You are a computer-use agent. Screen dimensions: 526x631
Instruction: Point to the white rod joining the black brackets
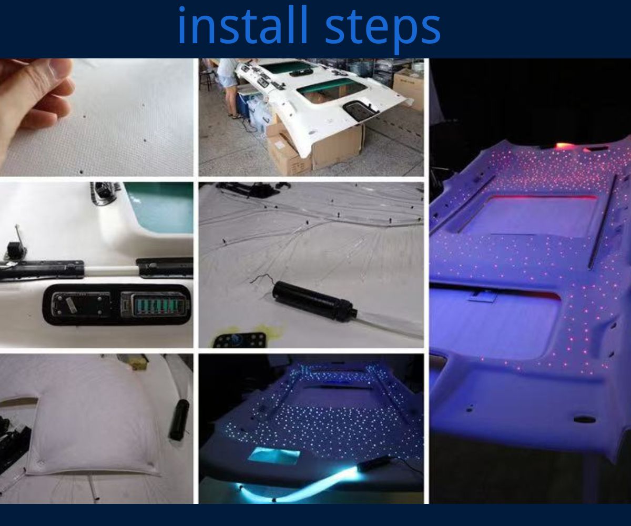pos(110,270)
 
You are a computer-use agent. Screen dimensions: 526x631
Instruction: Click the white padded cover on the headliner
pos(92,416)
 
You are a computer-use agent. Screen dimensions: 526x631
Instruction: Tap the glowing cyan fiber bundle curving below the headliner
pos(294,481)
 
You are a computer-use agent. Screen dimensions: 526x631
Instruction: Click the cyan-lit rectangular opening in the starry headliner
pos(273,455)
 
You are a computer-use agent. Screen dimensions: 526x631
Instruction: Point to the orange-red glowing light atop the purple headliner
pos(563,146)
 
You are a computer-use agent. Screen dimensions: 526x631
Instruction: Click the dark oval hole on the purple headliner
pos(584,419)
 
